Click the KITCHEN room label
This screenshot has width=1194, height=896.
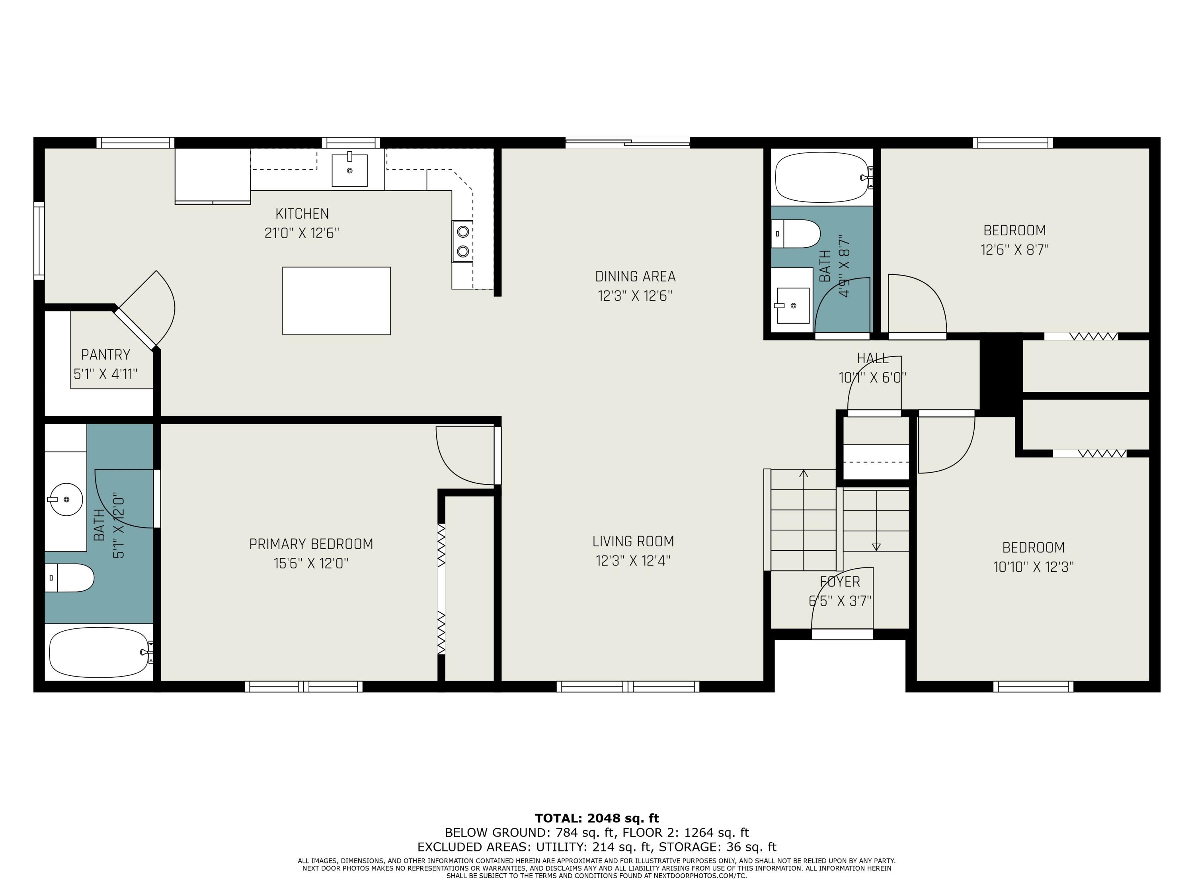pos(302,214)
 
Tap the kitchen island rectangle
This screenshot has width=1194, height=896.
pos(336,301)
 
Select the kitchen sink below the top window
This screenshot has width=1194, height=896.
pos(349,170)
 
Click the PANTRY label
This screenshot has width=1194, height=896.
pos(106,355)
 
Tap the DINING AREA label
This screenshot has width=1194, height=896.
pos(635,276)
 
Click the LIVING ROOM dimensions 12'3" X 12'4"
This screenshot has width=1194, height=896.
pos(633,561)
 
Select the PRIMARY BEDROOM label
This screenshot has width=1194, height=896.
pos(311,544)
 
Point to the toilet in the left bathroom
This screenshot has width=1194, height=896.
pos(69,578)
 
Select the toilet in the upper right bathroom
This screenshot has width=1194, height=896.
pos(796,234)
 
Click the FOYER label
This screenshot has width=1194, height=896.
pos(840,582)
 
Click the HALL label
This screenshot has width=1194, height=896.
pos(873,358)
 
